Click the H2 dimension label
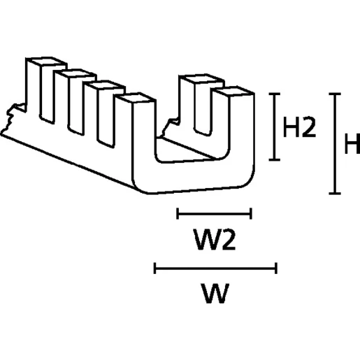299,127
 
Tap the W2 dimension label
215,240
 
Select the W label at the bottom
216,293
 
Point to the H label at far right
352,143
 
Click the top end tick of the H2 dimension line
275,94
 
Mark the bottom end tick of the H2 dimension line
275,159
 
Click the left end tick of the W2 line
178,213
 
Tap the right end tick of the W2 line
251,213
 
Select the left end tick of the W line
154,268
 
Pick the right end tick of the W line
276,268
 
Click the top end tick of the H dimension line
335,94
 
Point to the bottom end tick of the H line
335,193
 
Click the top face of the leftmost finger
46,62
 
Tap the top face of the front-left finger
136,98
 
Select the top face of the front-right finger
233,91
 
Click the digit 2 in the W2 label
227,240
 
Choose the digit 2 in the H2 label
308,127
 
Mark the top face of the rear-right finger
202,79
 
